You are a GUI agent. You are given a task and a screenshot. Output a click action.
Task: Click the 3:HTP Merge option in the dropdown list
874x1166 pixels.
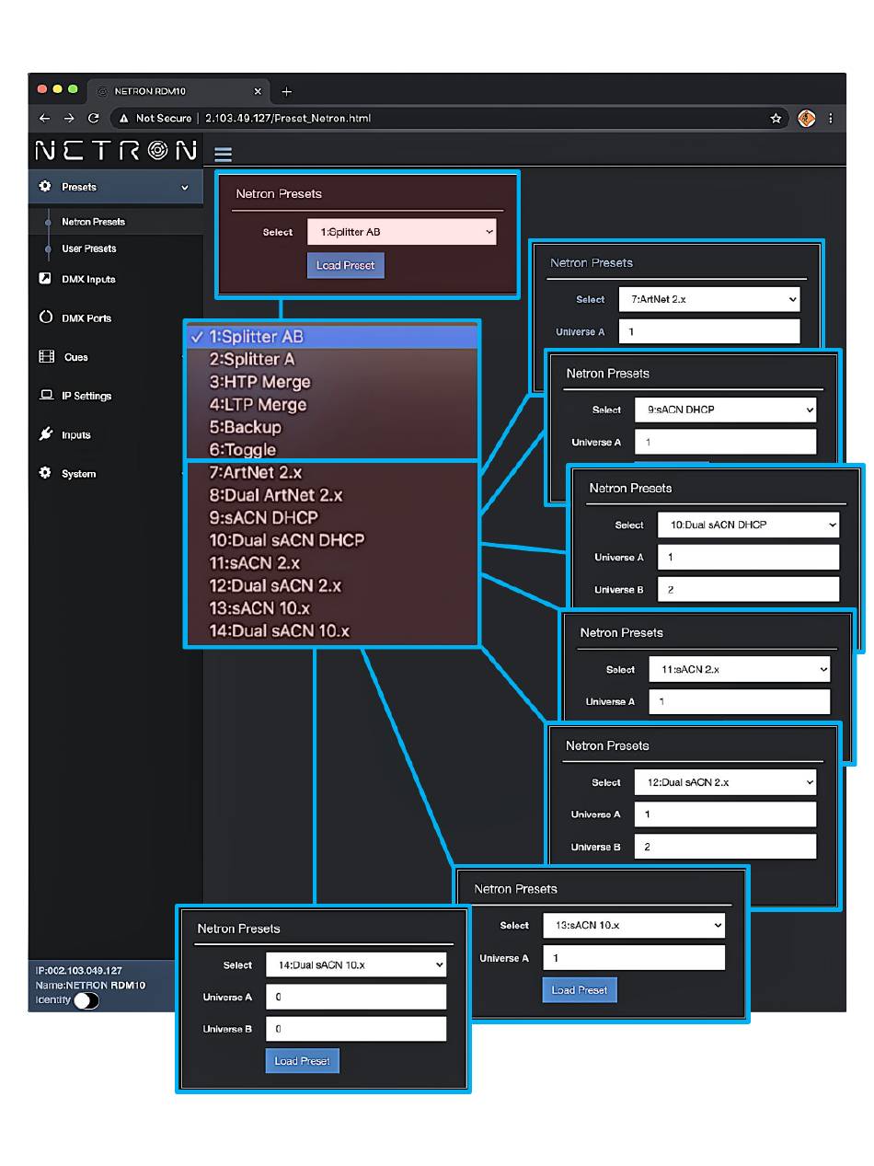tap(259, 381)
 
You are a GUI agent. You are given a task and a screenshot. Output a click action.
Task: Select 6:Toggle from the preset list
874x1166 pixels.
tap(242, 449)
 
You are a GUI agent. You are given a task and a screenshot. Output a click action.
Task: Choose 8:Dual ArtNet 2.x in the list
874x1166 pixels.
tap(276, 494)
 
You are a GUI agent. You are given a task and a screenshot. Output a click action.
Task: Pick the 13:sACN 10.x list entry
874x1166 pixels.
tap(259, 607)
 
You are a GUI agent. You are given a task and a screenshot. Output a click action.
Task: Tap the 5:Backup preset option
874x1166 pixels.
tap(245, 427)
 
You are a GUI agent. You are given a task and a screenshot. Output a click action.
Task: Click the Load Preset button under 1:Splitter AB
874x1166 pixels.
tap(345, 265)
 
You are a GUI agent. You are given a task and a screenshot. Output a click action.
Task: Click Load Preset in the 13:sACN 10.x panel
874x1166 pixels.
tap(579, 989)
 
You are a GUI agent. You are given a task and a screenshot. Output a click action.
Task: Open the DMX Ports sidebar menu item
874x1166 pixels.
tap(86, 318)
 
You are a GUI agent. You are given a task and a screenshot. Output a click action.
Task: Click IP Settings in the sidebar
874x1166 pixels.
tap(86, 396)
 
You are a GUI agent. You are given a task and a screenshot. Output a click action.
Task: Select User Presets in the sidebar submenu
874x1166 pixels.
tap(88, 248)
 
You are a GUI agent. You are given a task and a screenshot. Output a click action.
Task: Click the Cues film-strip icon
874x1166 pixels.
tap(46, 356)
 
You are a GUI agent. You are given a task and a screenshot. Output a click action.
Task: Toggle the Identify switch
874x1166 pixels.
tap(86, 1000)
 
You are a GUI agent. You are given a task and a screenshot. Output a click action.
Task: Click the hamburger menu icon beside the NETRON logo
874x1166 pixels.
tap(223, 154)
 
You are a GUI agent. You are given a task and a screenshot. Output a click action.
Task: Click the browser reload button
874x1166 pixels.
tap(94, 118)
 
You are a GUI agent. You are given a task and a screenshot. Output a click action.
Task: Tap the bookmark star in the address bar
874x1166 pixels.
tap(776, 118)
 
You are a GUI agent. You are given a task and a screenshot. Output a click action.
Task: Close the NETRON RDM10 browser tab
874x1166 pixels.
tap(258, 91)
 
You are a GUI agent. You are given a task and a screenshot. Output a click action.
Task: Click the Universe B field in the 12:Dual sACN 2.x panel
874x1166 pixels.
tap(724, 847)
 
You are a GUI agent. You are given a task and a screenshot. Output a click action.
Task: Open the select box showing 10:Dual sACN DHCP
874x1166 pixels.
tap(748, 525)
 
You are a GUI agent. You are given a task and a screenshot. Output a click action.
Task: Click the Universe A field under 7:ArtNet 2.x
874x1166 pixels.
tap(709, 331)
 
